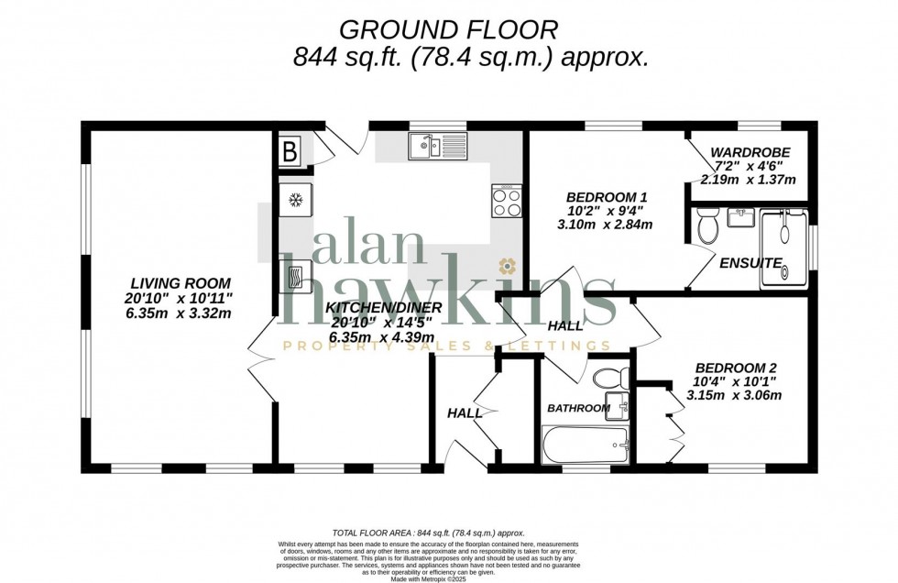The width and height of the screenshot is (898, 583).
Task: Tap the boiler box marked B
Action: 290,152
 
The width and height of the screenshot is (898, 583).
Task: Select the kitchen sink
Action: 426,146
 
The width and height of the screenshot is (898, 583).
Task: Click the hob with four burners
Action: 507,201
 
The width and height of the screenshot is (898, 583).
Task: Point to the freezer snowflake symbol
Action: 296,200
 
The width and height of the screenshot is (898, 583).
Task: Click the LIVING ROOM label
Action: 180,283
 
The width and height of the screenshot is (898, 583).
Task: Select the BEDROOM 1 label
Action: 607,197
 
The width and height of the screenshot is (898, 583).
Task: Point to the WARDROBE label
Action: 750,152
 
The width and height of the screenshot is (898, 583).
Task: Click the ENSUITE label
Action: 750,263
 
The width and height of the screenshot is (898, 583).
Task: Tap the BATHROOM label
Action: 578,408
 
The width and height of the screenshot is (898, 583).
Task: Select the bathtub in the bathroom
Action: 586,445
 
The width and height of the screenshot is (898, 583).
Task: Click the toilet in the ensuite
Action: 706,225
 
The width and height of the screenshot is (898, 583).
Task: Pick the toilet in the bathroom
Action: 609,377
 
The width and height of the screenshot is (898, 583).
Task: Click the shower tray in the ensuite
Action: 784,249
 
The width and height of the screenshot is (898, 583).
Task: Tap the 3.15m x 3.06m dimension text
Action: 735,396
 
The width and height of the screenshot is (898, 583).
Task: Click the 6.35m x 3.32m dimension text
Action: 180,313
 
